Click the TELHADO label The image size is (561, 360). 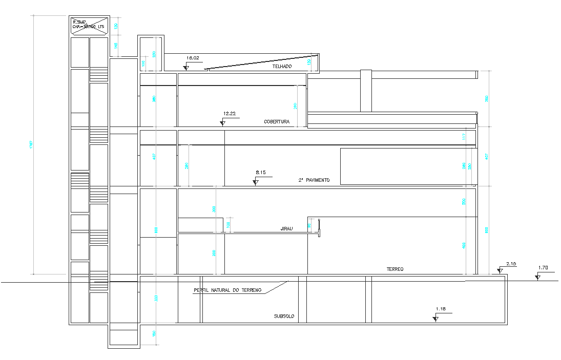tap(282, 67)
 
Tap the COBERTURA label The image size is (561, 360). tap(277, 122)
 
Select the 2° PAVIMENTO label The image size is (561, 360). tap(314, 180)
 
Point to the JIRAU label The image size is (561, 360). tap(286, 229)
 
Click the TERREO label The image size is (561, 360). tap(395, 269)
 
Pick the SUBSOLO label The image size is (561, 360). tap(284, 316)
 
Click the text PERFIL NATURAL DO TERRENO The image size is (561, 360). tap(227, 290)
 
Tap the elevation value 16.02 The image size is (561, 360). tap(193, 58)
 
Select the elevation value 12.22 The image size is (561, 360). tap(230, 114)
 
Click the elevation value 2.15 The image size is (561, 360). tap(511, 264)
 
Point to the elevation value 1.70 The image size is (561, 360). tap(543, 268)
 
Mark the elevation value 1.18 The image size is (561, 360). tap(441, 309)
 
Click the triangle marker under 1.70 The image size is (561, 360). tap(537, 278)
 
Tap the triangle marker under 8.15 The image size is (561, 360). tap(255, 182)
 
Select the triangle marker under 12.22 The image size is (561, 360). tap(223, 123)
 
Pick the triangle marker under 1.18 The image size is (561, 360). tap(435, 319)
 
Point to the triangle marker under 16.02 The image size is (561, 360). tap(187, 68)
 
